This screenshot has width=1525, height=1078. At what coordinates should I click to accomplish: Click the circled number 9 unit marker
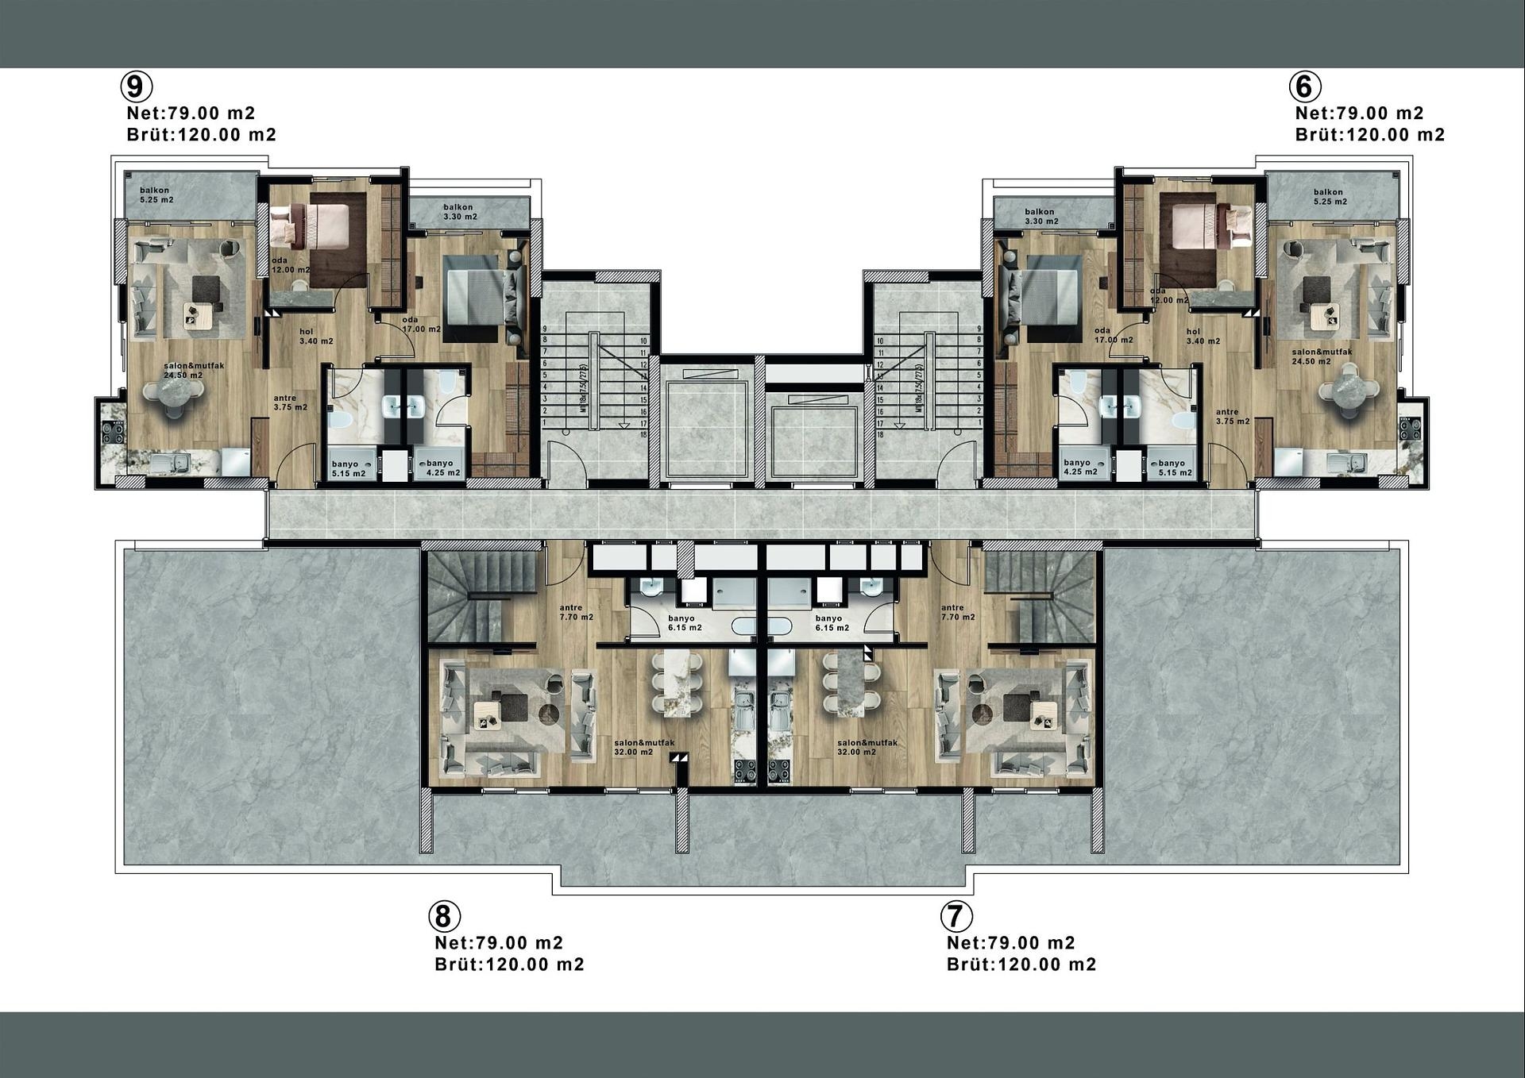(136, 86)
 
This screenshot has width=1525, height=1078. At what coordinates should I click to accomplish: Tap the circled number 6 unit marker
(1305, 86)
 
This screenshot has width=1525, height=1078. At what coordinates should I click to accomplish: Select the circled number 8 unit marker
(444, 916)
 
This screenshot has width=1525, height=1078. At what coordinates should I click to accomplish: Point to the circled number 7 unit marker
(956, 916)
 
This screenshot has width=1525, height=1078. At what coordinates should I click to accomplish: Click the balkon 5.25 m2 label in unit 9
(156, 195)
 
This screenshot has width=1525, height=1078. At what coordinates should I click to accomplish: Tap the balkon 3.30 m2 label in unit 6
(1040, 216)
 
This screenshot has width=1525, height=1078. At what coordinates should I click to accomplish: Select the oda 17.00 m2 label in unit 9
(420, 325)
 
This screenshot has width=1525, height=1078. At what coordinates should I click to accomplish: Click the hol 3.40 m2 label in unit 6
(1203, 337)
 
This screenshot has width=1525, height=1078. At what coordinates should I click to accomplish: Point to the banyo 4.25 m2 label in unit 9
(442, 468)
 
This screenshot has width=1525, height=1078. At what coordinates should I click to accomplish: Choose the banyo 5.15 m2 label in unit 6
(1174, 468)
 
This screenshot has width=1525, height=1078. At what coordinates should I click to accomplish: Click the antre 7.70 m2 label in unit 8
(576, 612)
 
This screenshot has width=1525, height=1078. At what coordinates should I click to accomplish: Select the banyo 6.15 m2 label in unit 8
(684, 622)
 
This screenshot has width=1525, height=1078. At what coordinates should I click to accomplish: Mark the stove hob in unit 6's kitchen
(1410, 429)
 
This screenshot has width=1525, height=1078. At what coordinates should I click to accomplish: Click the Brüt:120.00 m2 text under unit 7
(1021, 964)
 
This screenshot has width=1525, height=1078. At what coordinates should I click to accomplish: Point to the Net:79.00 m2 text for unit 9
(191, 114)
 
